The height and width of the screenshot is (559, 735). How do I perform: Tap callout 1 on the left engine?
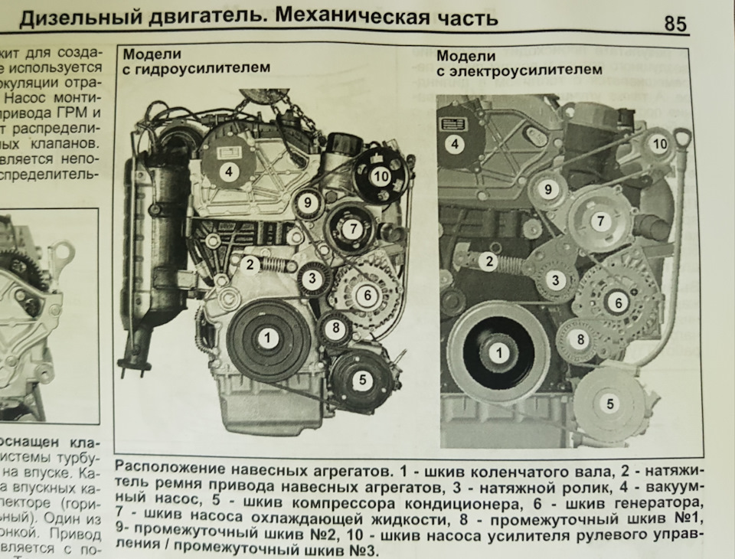click(267, 338)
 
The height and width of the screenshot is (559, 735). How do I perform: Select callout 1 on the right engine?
click(499, 353)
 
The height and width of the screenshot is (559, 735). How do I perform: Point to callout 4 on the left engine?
click(227, 172)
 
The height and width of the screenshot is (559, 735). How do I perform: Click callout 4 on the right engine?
click(455, 143)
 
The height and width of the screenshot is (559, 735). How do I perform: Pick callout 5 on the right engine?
click(609, 404)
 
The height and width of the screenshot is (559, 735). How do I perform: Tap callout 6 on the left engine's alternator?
click(367, 294)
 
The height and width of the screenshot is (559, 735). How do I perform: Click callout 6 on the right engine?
click(617, 302)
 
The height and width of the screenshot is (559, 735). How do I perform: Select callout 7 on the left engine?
click(351, 228)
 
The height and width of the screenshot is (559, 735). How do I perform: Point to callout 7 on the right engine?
click(601, 221)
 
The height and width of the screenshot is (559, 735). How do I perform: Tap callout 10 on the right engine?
click(660, 143)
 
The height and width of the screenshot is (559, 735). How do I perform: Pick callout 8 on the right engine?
click(580, 339)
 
